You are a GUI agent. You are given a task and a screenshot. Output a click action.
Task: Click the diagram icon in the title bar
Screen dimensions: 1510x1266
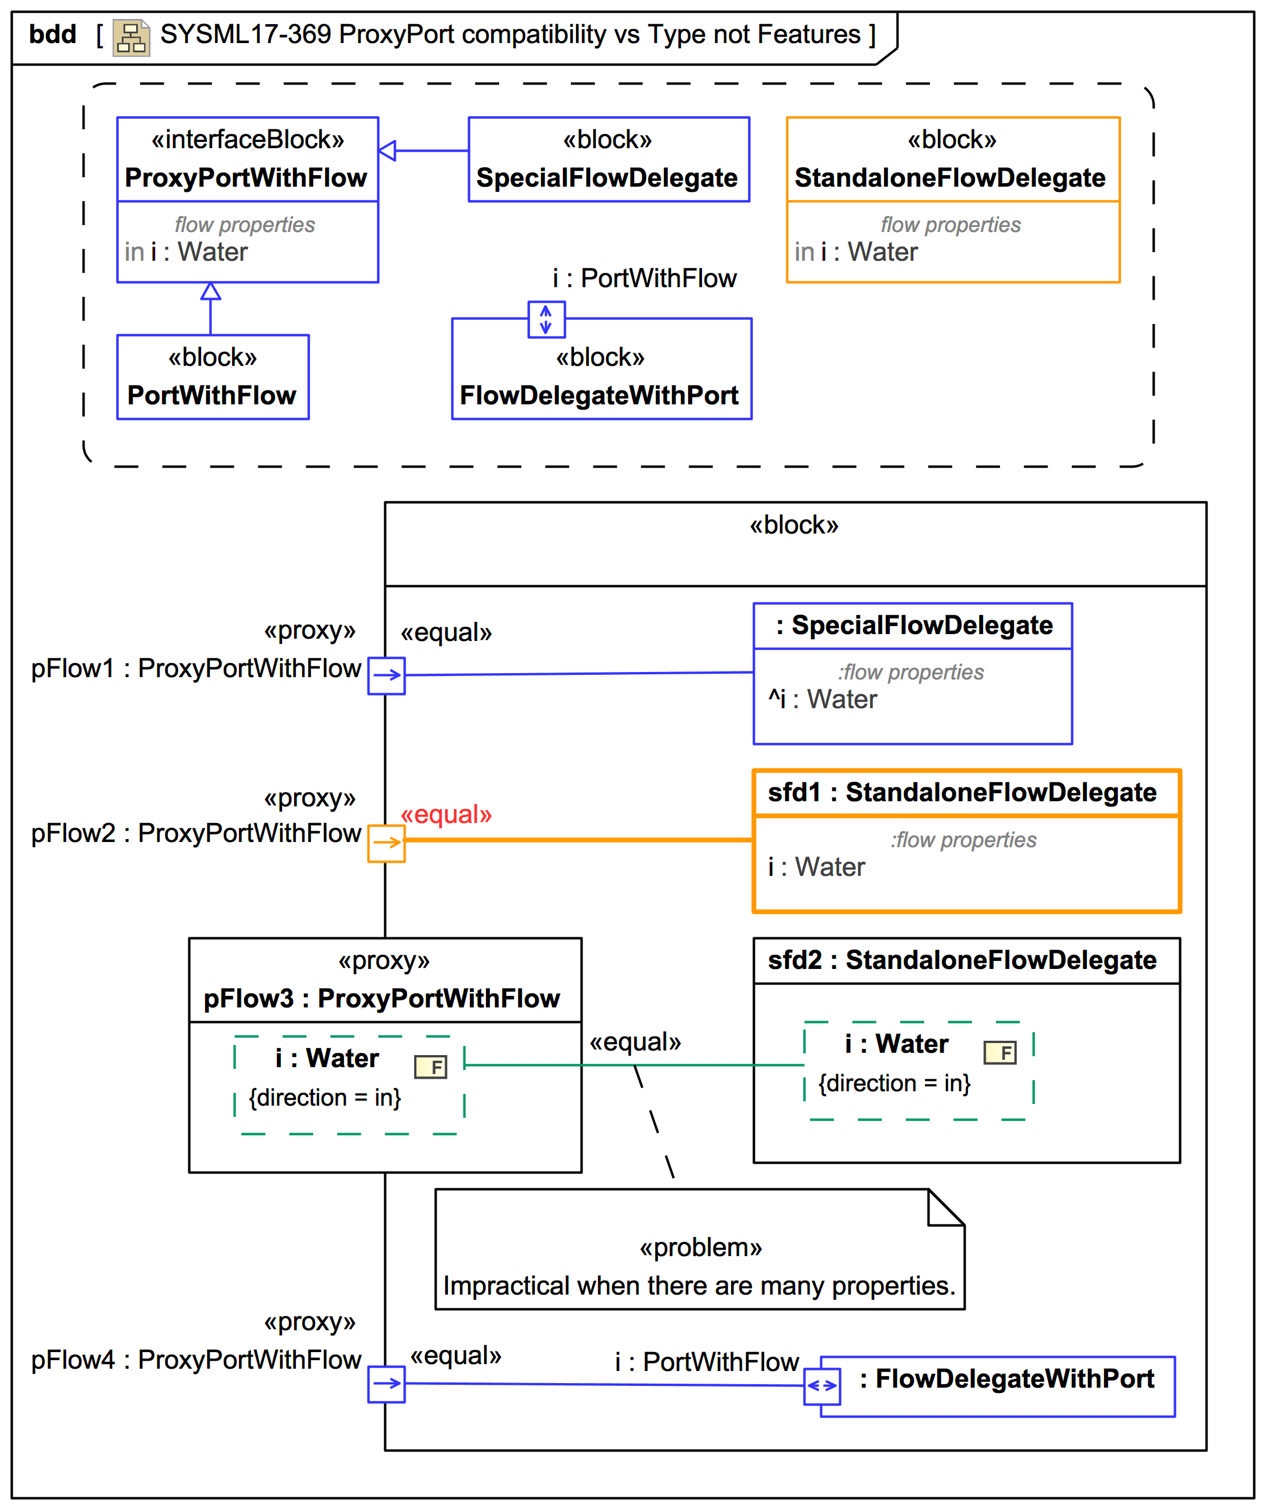(131, 37)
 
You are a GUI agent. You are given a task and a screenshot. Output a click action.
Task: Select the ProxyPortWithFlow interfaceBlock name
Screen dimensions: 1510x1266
(246, 177)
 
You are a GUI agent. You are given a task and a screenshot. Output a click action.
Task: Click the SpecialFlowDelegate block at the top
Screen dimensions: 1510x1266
(608, 160)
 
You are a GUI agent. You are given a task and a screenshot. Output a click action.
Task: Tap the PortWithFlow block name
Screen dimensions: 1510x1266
(211, 395)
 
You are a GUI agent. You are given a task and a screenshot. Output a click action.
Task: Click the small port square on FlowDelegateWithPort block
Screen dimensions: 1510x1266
(546, 319)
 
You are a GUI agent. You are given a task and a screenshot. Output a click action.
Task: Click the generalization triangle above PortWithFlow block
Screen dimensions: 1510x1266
(211, 291)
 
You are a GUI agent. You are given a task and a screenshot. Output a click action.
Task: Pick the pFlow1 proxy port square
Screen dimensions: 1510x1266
(386, 675)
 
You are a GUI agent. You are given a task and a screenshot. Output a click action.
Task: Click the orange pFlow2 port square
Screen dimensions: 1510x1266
(386, 843)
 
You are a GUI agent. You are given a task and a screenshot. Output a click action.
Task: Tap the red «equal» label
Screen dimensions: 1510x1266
(446, 814)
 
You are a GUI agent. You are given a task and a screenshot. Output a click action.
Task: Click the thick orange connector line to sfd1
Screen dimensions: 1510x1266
(575, 839)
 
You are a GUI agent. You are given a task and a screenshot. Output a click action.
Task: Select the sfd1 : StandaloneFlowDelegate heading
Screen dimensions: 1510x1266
(962, 793)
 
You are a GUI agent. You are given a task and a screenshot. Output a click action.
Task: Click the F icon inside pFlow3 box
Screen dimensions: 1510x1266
(431, 1067)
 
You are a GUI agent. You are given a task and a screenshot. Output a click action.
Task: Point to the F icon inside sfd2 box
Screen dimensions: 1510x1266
(1000, 1053)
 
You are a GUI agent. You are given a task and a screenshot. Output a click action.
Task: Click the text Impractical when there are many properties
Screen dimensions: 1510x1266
(699, 1285)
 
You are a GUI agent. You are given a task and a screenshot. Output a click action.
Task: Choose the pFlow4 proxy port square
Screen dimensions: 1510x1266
(386, 1384)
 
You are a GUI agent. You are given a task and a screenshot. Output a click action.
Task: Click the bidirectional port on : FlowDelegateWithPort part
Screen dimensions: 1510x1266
(822, 1385)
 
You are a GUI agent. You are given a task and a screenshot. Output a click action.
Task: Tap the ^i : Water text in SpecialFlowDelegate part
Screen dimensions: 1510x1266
(823, 699)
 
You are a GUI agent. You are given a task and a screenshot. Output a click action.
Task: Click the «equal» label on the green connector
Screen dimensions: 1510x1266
(635, 1042)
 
